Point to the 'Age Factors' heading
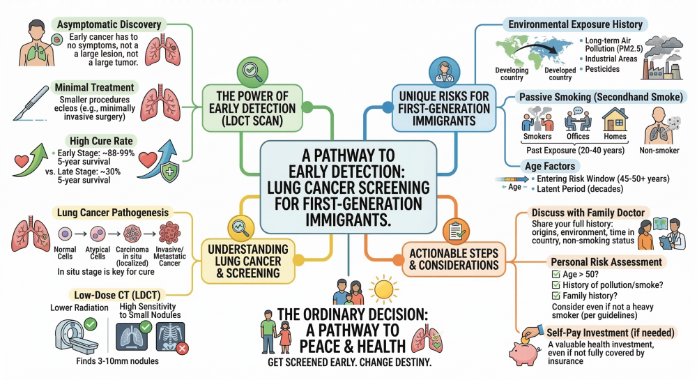pyautogui.click(x=550, y=166)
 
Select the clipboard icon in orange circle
pyautogui.click(x=454, y=230)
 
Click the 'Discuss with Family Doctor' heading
pyautogui.click(x=588, y=212)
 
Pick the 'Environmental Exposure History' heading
pyautogui.click(x=576, y=24)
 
